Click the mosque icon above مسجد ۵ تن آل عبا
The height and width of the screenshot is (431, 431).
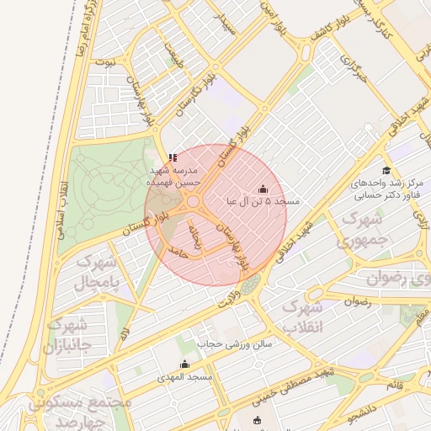pyautogui.click(x=262, y=189)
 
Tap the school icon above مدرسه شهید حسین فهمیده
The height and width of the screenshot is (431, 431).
pyautogui.click(x=173, y=157)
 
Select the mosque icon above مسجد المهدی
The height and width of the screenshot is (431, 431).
pyautogui.click(x=185, y=364)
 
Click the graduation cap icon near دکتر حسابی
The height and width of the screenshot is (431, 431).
pyautogui.click(x=386, y=170)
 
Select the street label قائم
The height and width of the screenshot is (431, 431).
pyautogui.click(x=394, y=385)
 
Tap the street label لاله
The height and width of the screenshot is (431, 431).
pyautogui.click(x=124, y=333)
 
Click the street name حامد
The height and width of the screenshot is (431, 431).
pyautogui.click(x=176, y=250)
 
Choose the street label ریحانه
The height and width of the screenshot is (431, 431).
pyautogui.click(x=196, y=238)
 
